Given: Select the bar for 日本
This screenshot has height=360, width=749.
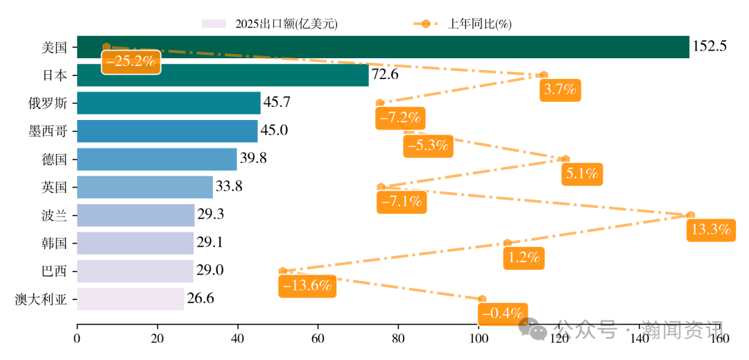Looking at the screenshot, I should point(223,75).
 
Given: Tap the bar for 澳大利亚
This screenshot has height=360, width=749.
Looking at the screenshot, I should point(130,299).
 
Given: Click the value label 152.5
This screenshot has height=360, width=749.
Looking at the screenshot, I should point(709,47).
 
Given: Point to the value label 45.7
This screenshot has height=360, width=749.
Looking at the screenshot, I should point(277,103).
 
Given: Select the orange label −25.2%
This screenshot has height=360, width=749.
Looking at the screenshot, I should point(131,61).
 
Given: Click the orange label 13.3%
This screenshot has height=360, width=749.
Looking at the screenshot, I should point(711,230).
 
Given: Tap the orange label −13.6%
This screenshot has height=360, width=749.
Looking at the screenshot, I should point(307,285).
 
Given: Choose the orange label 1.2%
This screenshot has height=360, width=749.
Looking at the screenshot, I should point(524,257).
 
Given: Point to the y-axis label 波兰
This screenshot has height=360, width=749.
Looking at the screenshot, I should point(54,215).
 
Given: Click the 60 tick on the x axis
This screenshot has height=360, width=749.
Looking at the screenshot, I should point(318,339).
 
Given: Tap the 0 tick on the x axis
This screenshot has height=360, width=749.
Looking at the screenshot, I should point(77,339).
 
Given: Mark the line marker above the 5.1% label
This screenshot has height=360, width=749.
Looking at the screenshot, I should point(565,159).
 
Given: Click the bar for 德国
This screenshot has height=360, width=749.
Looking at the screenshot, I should point(157,159).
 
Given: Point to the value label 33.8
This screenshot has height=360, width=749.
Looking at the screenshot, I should point(230,187).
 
